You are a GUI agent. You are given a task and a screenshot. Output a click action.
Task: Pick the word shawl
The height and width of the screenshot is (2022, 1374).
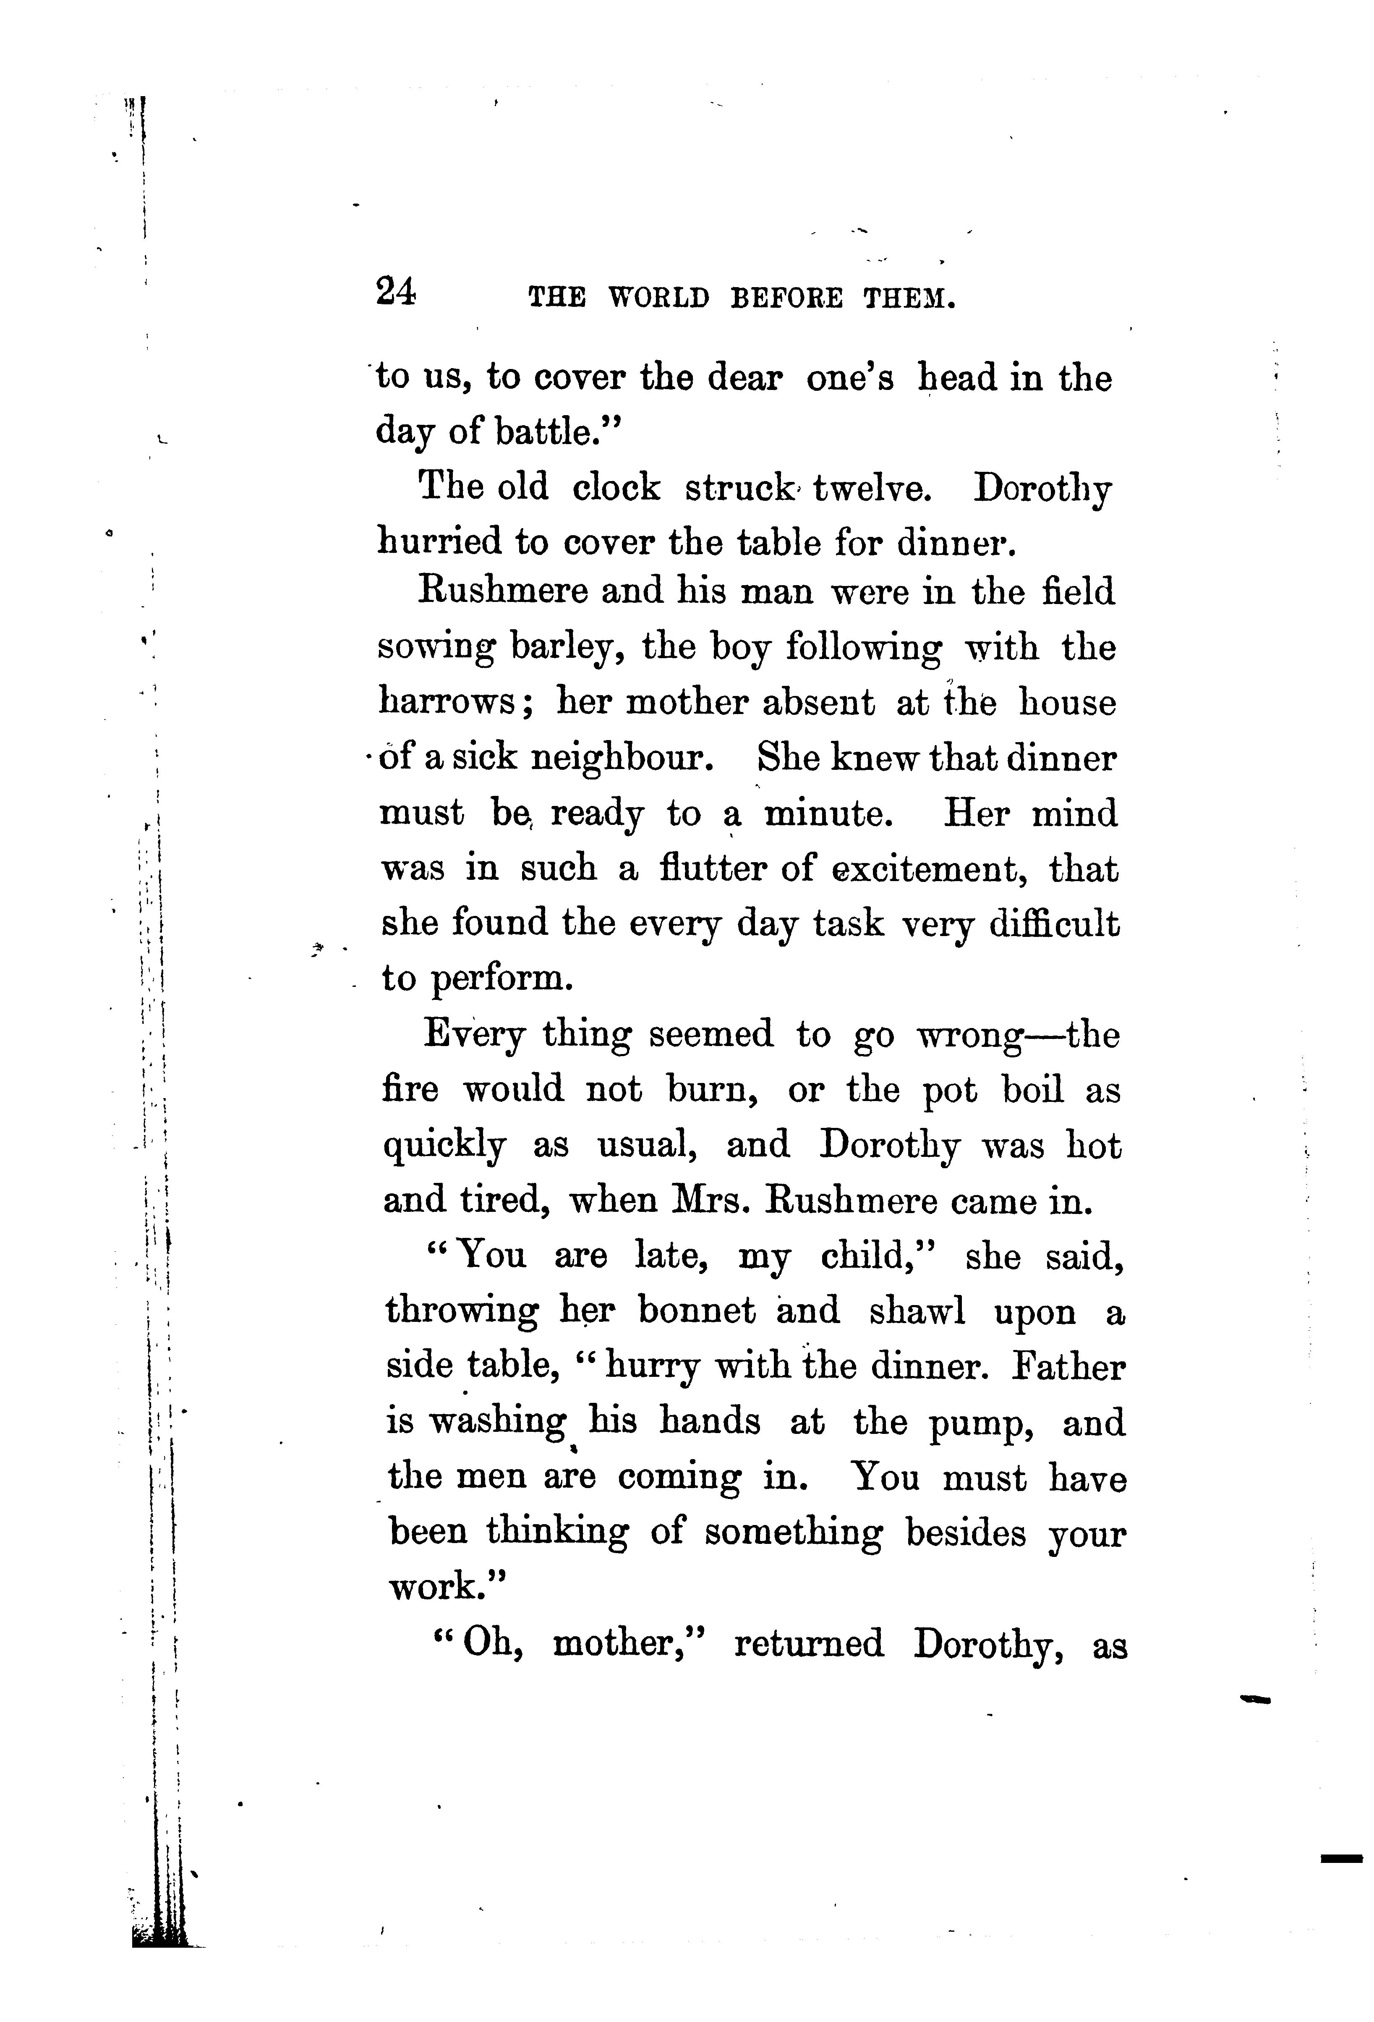click(917, 1311)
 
